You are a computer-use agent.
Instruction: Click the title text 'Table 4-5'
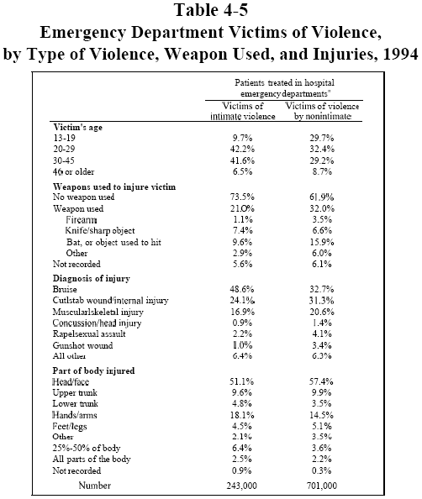(211, 10)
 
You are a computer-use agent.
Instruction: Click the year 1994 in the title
(401, 54)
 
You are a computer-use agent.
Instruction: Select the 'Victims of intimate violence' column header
(243, 111)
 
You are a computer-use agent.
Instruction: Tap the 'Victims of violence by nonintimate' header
(322, 111)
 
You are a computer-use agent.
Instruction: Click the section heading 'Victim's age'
(77, 128)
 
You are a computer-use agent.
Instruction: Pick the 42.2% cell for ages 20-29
(242, 149)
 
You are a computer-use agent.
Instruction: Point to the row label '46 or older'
(74, 172)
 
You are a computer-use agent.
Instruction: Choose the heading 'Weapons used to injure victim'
(114, 186)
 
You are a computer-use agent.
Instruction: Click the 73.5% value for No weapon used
(242, 197)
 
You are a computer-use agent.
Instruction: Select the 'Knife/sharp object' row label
(100, 230)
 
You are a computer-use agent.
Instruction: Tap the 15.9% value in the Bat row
(322, 242)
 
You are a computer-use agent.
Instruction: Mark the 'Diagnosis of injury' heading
(92, 278)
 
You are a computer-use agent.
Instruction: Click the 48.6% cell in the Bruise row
(242, 289)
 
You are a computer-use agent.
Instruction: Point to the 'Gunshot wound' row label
(83, 345)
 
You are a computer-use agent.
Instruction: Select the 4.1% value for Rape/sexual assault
(322, 334)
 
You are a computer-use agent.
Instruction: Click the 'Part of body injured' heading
(93, 370)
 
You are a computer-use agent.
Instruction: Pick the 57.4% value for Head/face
(321, 381)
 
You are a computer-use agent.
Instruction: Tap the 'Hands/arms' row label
(75, 415)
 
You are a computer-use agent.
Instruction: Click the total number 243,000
(242, 486)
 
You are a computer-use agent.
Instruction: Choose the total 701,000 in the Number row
(322, 486)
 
